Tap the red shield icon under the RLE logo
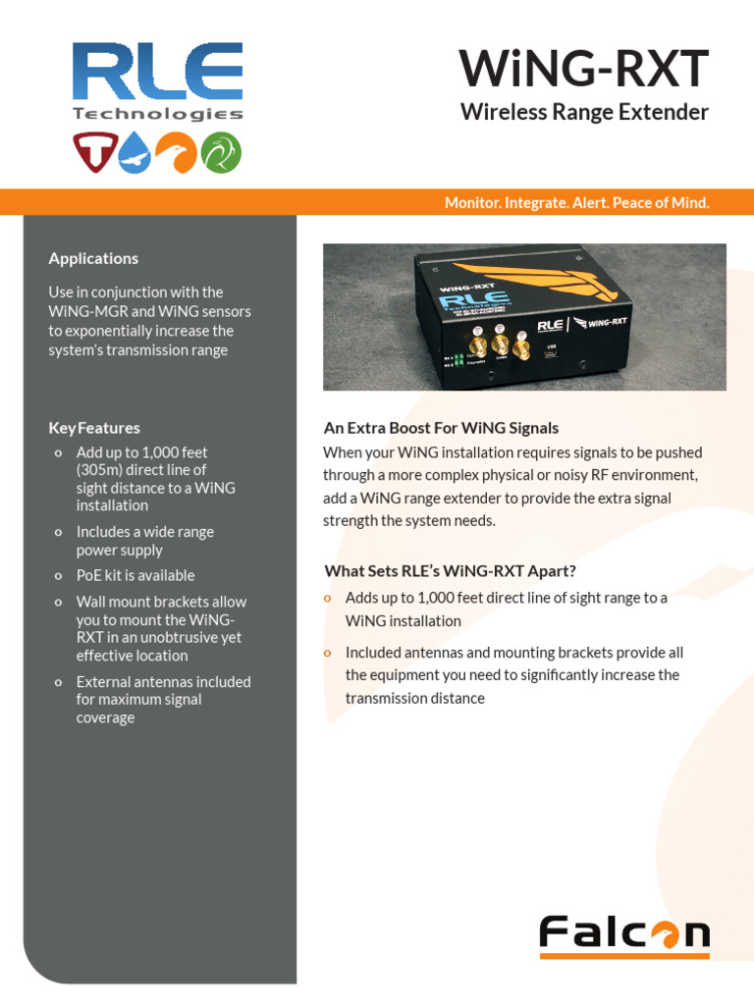click(x=93, y=152)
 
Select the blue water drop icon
click(x=136, y=152)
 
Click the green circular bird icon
click(x=221, y=152)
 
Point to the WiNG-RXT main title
click(x=583, y=69)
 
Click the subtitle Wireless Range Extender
click(x=584, y=112)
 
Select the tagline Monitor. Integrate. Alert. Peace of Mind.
click(x=576, y=203)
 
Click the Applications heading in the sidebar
click(x=93, y=258)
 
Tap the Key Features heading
click(x=94, y=428)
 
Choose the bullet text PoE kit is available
click(x=135, y=575)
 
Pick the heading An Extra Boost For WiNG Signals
click(x=441, y=428)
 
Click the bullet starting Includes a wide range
click(x=144, y=541)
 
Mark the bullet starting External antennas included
click(x=163, y=699)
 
